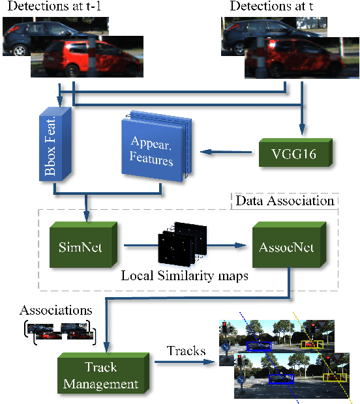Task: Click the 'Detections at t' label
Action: click(x=269, y=8)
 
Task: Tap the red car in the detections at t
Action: click(x=288, y=62)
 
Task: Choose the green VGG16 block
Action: click(x=294, y=154)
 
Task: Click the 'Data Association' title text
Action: click(x=285, y=201)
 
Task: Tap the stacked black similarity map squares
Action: click(x=181, y=246)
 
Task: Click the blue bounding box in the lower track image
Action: click(x=281, y=377)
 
